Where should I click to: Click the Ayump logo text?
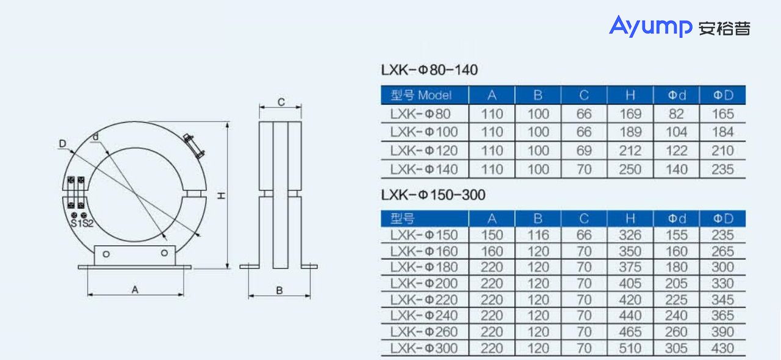(650, 27)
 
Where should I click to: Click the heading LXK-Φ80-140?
(429, 70)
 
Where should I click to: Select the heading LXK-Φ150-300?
(433, 195)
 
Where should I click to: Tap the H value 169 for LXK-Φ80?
(630, 114)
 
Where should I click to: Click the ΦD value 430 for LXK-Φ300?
(722, 348)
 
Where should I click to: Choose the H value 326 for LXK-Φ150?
(630, 235)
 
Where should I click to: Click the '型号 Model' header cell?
(421, 95)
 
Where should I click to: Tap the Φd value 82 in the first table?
(677, 114)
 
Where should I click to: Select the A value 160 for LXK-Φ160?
(492, 251)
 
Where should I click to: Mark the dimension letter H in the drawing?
(220, 195)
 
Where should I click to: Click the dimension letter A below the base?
(135, 290)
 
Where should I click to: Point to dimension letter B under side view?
(279, 290)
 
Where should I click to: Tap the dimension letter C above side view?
(281, 103)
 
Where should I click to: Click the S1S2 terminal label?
(81, 223)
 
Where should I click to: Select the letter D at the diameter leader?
(62, 143)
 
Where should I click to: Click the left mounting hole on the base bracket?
(106, 253)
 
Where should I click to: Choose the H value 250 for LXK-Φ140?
(630, 169)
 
